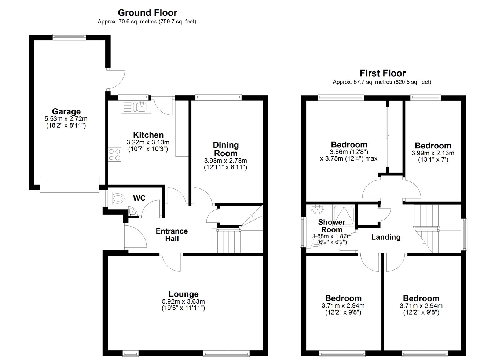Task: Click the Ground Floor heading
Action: [x=147, y=13]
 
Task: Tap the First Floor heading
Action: [x=383, y=73]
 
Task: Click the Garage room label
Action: [x=66, y=111]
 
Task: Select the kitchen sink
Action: [x=141, y=107]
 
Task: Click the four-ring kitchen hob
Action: [x=114, y=154]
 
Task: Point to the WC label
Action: [x=139, y=198]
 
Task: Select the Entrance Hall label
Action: [x=172, y=235]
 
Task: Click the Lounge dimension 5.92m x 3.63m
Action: [x=183, y=301]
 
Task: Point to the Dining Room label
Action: [x=225, y=149]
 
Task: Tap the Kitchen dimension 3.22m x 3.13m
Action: [x=148, y=142]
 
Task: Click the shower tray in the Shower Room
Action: [x=344, y=216]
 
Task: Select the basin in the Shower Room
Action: [x=318, y=209]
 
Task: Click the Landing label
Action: [x=386, y=237]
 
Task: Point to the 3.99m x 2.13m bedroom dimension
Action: [x=433, y=153]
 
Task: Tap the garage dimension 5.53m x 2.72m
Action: [x=66, y=119]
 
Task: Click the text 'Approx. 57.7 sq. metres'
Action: [x=362, y=82]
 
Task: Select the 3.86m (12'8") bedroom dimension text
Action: [x=349, y=152]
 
